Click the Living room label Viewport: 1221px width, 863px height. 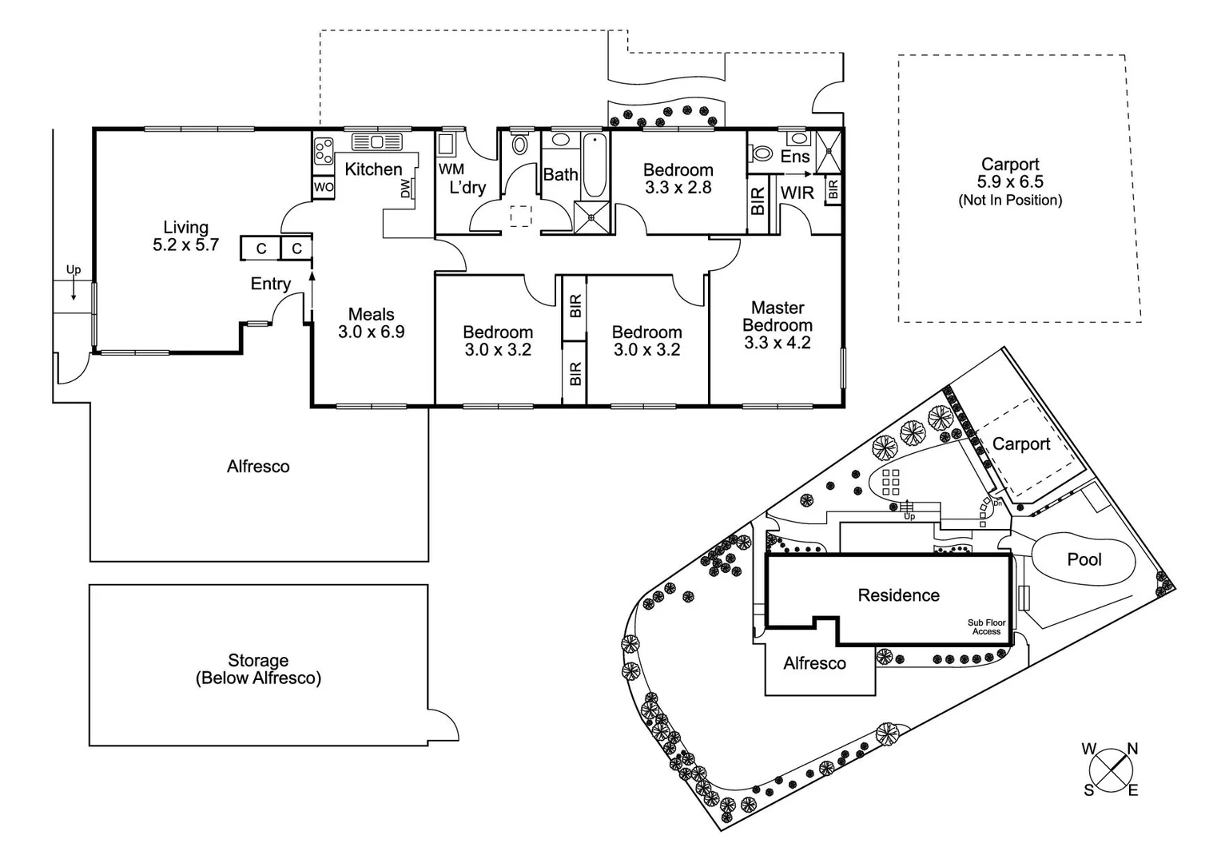pyautogui.click(x=185, y=228)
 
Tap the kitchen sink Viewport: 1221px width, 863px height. pyautogui.click(x=376, y=142)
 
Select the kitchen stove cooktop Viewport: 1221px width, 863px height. pyautogui.click(x=324, y=151)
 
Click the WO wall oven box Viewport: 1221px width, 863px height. pyautogui.click(x=324, y=187)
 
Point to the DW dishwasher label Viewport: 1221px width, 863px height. pyautogui.click(x=405, y=189)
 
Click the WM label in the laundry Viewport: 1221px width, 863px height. pyautogui.click(x=451, y=169)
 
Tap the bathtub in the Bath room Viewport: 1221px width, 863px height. pyautogui.click(x=594, y=166)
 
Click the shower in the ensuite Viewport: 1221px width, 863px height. pyautogui.click(x=829, y=151)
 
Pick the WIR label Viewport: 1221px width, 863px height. pyautogui.click(x=797, y=193)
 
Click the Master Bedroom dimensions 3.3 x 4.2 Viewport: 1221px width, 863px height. pyautogui.click(x=778, y=343)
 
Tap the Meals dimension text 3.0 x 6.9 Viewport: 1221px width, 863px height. pyautogui.click(x=371, y=332)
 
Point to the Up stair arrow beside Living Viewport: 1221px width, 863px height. pyautogui.click(x=74, y=283)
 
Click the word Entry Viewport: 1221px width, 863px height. pyautogui.click(x=270, y=284)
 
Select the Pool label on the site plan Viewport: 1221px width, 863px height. pyautogui.click(x=1084, y=559)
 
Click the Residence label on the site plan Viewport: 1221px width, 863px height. pyautogui.click(x=898, y=595)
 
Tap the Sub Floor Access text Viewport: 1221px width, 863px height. pyautogui.click(x=986, y=627)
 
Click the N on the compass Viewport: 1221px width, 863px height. pyautogui.click(x=1132, y=750)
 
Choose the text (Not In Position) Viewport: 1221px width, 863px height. pyautogui.click(x=1010, y=201)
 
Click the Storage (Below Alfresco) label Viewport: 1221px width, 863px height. pyautogui.click(x=258, y=670)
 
